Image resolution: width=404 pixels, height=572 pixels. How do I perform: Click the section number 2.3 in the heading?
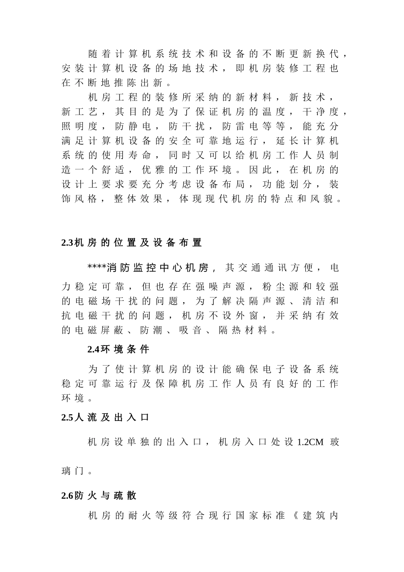[x=68, y=243]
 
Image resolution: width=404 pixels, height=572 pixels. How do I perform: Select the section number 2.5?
[x=68, y=418]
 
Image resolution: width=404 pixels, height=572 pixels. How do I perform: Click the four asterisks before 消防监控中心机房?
[x=97, y=268]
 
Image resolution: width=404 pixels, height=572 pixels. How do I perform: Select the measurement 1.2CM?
[x=310, y=442]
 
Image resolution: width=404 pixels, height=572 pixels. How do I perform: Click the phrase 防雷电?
[x=241, y=126]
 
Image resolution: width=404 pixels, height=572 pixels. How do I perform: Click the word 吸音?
[x=190, y=330]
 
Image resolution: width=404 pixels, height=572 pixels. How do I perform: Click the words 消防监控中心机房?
[x=158, y=268]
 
